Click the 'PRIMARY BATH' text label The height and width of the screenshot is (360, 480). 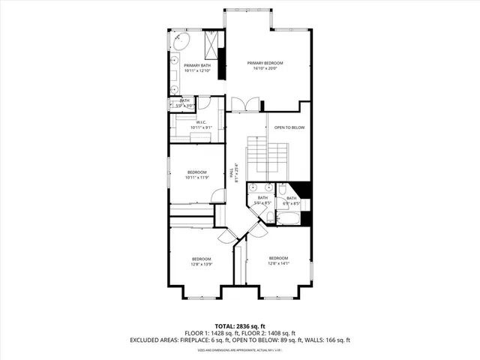pyautogui.click(x=197, y=66)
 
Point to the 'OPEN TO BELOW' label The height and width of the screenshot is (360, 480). pyautogui.click(x=289, y=127)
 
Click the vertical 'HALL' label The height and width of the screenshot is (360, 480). pyautogui.click(x=236, y=172)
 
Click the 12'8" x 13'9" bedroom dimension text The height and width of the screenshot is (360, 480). pyautogui.click(x=202, y=264)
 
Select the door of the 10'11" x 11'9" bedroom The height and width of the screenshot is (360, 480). pyautogui.click(x=218, y=196)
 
